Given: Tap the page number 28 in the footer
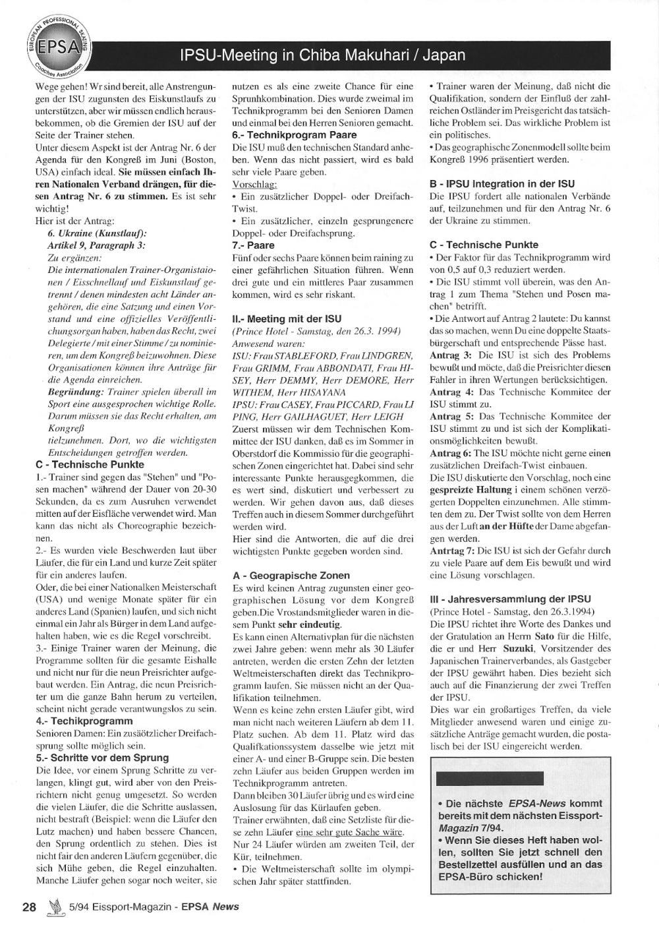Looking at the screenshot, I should [x=29, y=906].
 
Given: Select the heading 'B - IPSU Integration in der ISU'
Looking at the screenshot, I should [x=501, y=184].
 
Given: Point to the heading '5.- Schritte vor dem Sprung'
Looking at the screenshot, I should [x=102, y=758].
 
